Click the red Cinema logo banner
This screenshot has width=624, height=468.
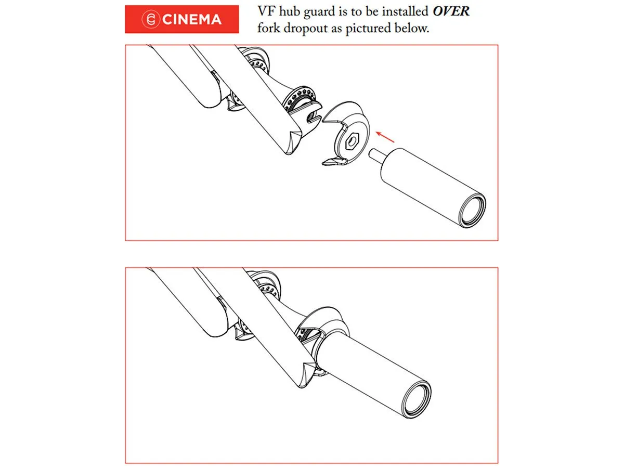(x=181, y=19)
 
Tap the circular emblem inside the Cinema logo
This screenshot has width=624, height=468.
(x=150, y=19)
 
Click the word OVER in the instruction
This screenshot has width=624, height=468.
(x=451, y=11)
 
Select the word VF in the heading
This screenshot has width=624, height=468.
(x=267, y=11)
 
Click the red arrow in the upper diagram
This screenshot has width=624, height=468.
(x=385, y=137)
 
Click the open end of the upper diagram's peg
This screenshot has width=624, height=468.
(x=473, y=211)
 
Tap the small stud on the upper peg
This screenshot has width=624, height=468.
(x=376, y=157)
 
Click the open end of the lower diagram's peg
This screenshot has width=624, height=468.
(x=418, y=400)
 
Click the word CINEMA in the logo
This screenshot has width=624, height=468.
(x=191, y=20)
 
